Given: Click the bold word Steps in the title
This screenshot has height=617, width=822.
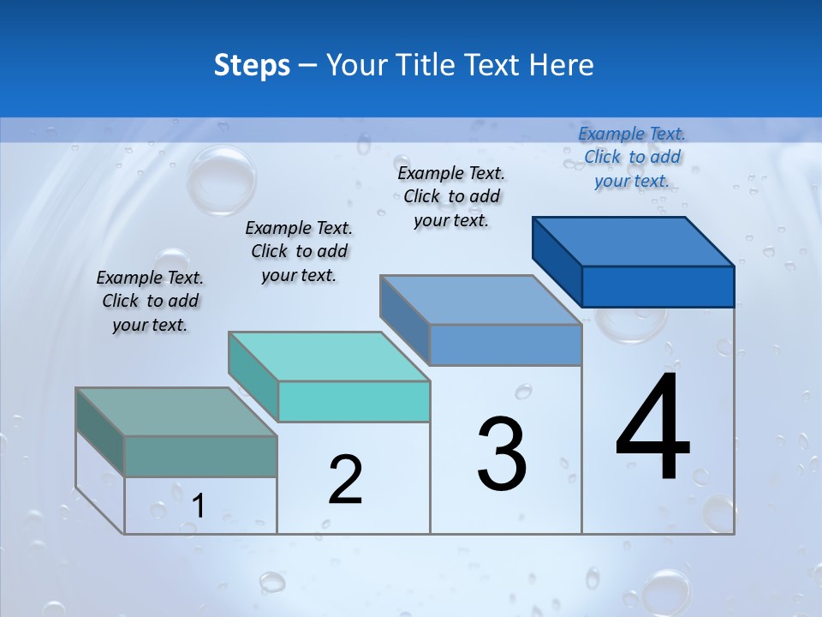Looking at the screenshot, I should point(252,65).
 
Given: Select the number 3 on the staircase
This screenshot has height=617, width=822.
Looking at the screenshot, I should point(502,454).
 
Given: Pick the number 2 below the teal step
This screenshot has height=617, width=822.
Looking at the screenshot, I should point(345,480).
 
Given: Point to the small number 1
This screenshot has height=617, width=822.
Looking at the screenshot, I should point(199,506).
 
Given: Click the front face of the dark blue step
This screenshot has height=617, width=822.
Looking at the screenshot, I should point(658,286).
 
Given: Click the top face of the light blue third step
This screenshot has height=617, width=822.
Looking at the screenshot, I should point(481,300).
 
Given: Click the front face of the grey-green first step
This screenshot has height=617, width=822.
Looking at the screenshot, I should point(200,456).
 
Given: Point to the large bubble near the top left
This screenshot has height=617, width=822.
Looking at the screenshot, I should point(221,179).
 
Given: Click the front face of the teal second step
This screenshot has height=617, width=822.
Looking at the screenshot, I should point(354,401).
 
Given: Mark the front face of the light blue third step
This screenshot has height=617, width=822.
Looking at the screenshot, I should point(505,344).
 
